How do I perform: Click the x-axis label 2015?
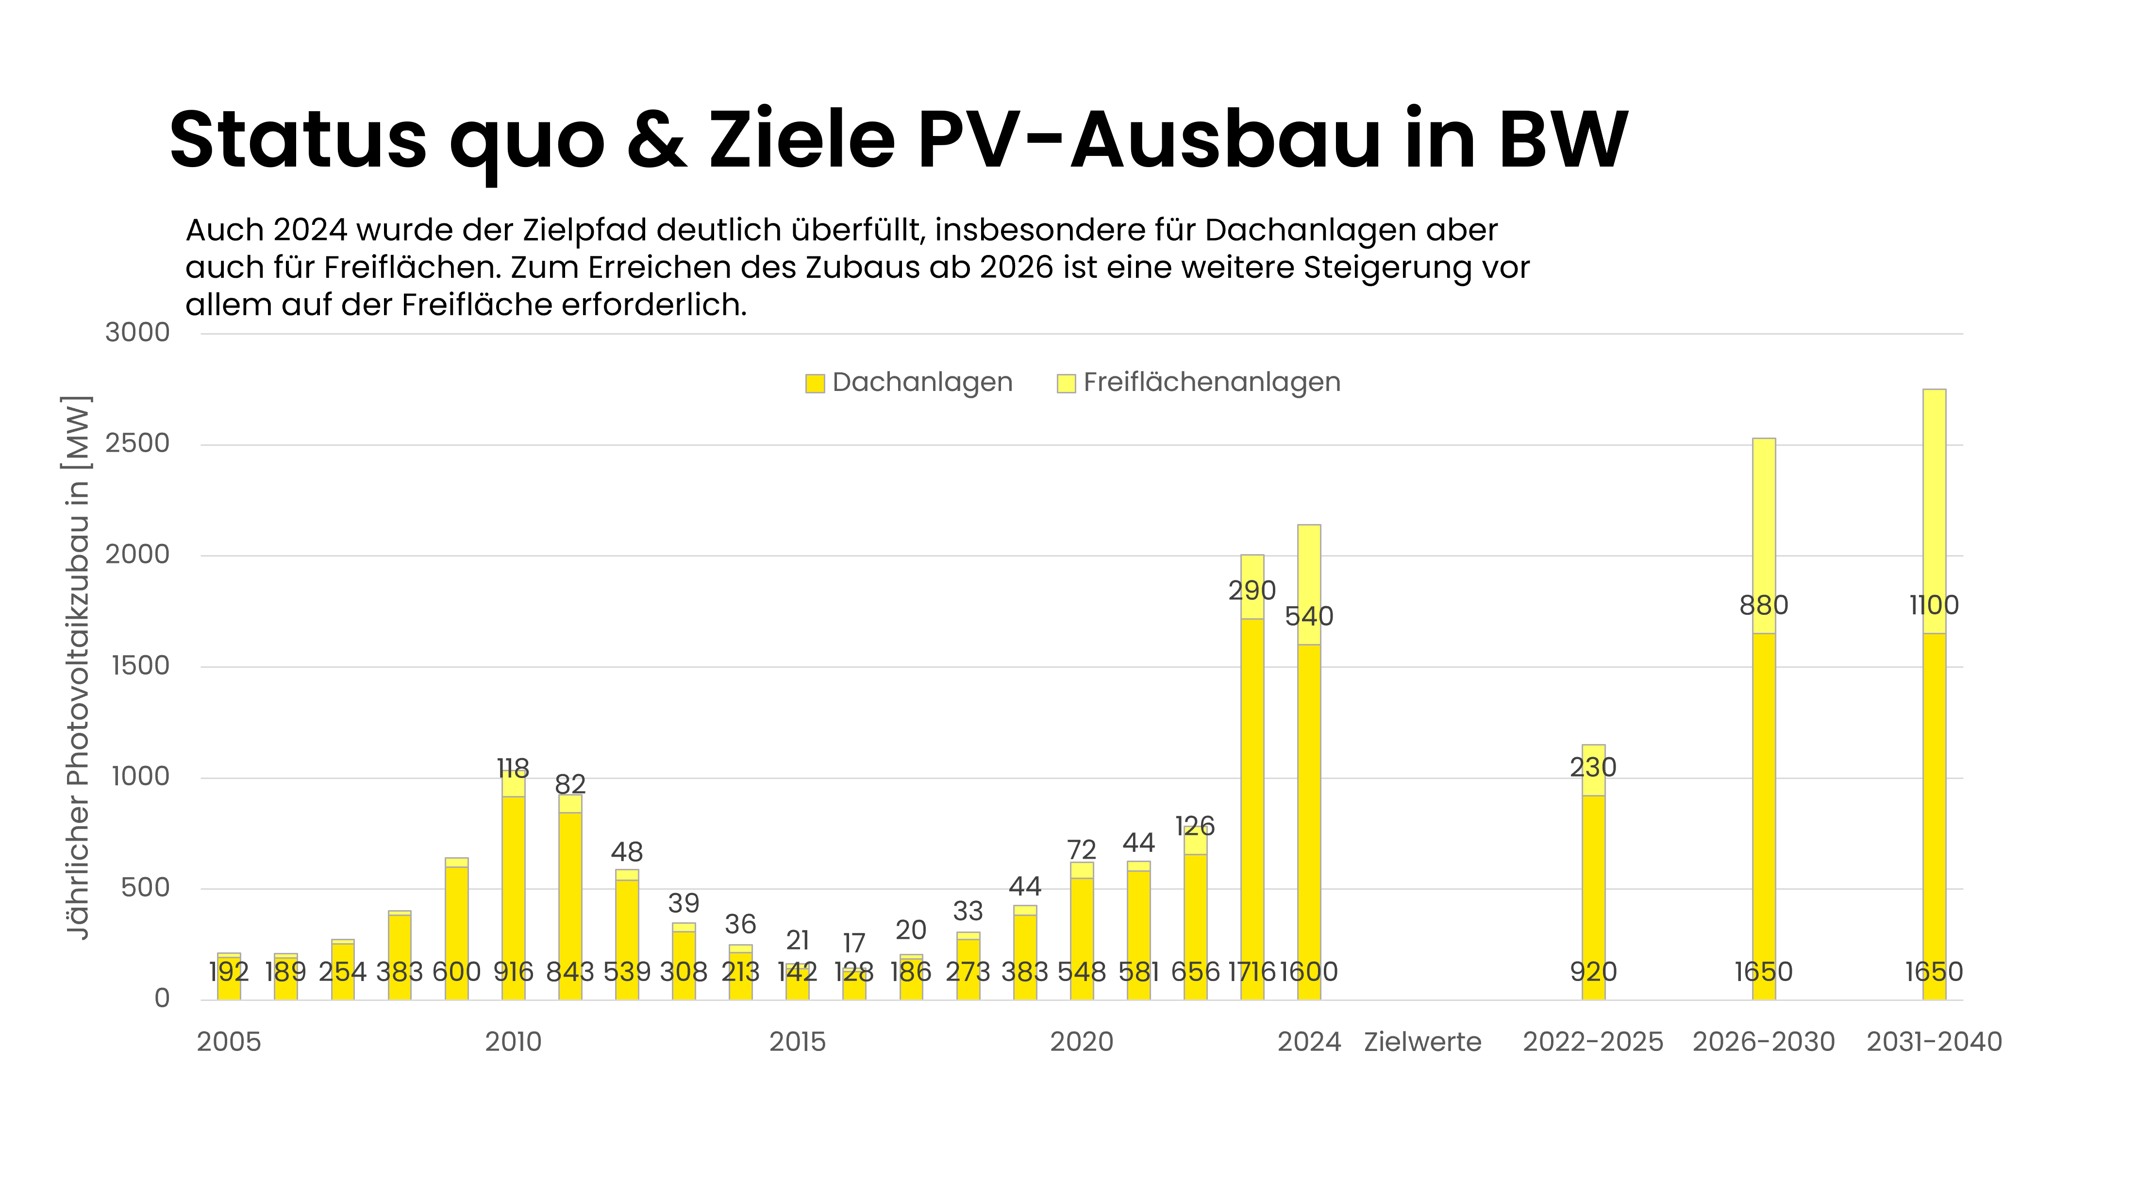pos(797,1042)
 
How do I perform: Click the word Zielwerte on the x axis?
pos(1422,1042)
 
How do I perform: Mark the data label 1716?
pos(1251,971)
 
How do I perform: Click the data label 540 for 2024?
pos(1308,616)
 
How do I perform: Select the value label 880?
pos(1764,606)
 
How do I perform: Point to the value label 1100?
pos(1934,606)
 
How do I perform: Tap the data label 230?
pos(1593,767)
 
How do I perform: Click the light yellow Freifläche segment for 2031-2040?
pos(1934,498)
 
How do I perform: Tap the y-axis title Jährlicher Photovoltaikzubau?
pos(77,668)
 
